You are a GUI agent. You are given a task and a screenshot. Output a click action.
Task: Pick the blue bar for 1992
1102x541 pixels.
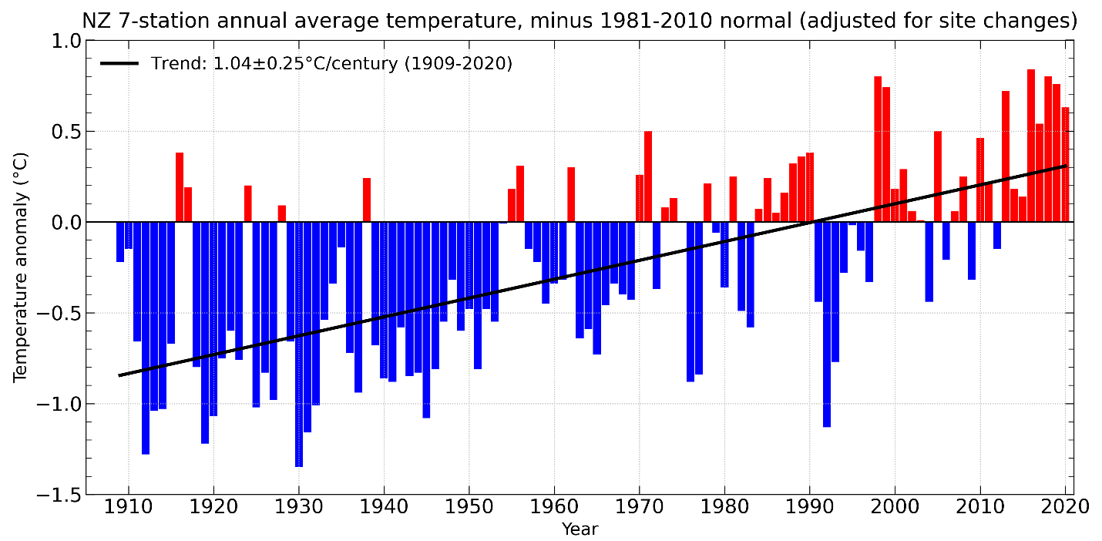click(827, 324)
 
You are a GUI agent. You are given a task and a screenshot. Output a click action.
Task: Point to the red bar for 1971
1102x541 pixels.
click(648, 176)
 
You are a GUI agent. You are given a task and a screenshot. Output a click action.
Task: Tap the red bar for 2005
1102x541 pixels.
click(938, 176)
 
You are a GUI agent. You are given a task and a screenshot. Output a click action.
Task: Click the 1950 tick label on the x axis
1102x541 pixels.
click(469, 509)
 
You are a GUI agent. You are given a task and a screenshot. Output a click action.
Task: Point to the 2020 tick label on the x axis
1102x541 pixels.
click(1065, 509)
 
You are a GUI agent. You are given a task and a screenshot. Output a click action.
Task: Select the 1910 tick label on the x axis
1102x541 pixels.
click(128, 509)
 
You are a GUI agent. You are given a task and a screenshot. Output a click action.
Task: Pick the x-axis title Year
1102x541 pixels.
click(580, 529)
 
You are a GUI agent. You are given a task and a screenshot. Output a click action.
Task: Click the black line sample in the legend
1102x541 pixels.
click(119, 63)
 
